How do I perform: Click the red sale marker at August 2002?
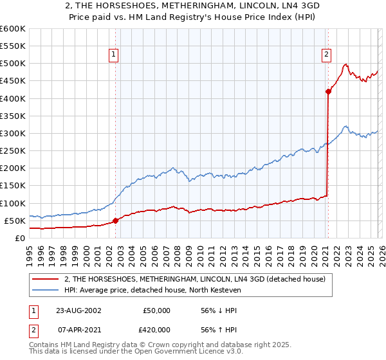pyautogui.click(x=116, y=221)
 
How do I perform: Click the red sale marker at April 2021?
pyautogui.click(x=328, y=91)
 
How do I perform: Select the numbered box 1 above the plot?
pyautogui.click(x=113, y=55)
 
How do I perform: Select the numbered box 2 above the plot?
pyautogui.click(x=327, y=55)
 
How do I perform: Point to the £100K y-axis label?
pyautogui.click(x=12, y=203)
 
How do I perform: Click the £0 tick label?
pyautogui.click(x=19, y=238)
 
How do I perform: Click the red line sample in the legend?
pyautogui.click(x=46, y=279)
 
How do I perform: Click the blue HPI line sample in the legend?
pyautogui.click(x=46, y=291)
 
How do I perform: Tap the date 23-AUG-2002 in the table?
pyautogui.click(x=79, y=310)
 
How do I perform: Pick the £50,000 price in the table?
pyautogui.click(x=157, y=310)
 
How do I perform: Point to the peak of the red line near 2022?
pyautogui.click(x=345, y=64)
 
